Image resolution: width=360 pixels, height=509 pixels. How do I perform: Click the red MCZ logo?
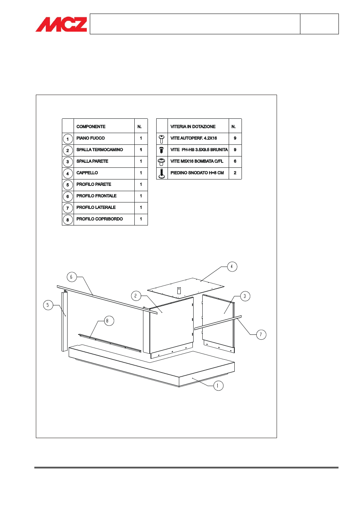(x=62, y=24)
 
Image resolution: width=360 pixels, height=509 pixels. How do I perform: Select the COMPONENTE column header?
(x=91, y=127)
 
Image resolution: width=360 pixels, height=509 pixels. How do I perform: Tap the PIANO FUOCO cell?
(x=91, y=138)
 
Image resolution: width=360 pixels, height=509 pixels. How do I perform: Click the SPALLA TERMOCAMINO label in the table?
(x=100, y=150)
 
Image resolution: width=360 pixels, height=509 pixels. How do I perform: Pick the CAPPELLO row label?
(x=87, y=173)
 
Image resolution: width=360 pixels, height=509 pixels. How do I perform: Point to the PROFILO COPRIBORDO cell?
(x=100, y=219)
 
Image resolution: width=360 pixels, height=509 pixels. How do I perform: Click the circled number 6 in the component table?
(x=68, y=196)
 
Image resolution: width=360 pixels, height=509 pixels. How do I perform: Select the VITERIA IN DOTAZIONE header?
(x=193, y=127)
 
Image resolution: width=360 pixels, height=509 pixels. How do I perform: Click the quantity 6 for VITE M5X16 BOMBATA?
(x=235, y=161)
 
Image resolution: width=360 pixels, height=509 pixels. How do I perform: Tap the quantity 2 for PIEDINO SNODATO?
(x=235, y=173)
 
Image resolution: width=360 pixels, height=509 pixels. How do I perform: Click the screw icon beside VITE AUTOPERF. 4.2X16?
(x=162, y=139)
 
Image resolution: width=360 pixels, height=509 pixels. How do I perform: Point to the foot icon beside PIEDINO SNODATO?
(x=162, y=173)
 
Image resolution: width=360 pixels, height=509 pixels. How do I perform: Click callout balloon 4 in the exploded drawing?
(x=232, y=267)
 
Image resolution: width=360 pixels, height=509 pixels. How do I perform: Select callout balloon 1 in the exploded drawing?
(x=218, y=386)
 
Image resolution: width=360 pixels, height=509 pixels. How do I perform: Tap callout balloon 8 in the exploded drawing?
(x=109, y=321)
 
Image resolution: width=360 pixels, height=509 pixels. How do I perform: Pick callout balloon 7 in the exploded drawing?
(x=261, y=334)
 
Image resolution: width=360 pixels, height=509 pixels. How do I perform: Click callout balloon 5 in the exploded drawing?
(x=48, y=305)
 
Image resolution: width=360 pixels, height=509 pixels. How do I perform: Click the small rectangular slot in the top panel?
(x=179, y=291)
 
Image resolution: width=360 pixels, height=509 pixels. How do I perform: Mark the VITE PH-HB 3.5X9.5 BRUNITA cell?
(x=199, y=150)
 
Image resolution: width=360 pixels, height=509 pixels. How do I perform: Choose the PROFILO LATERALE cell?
(x=96, y=207)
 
